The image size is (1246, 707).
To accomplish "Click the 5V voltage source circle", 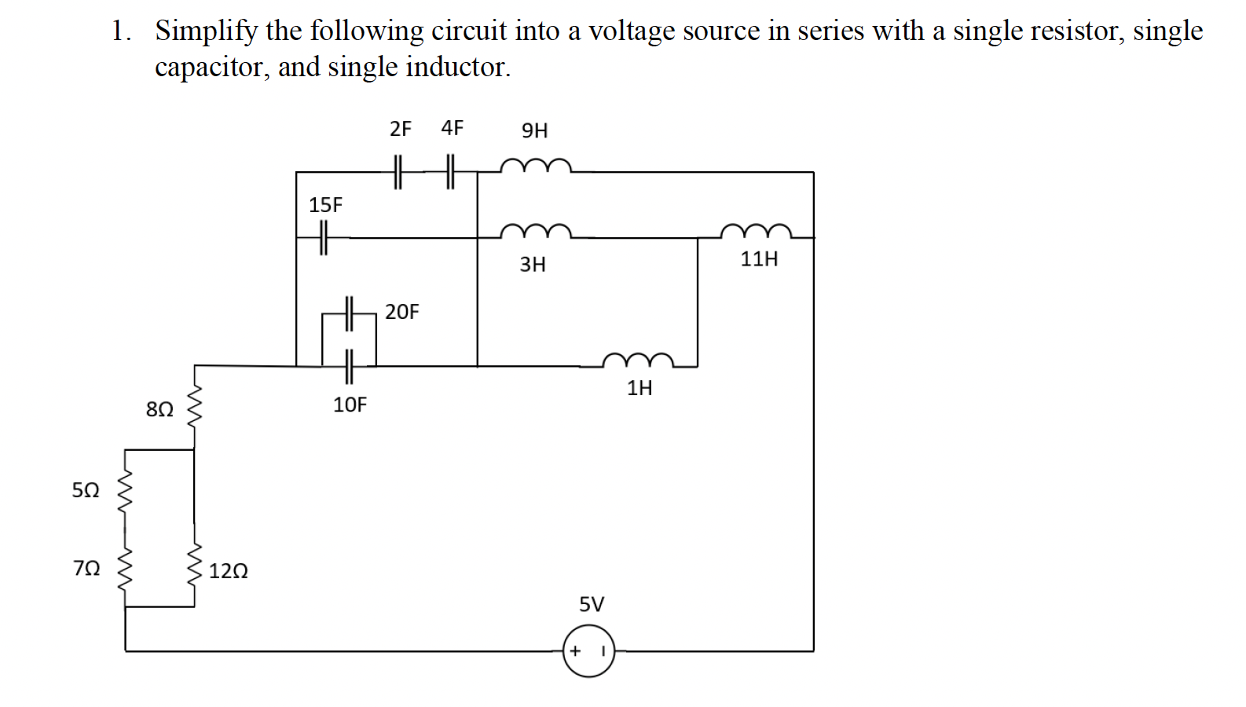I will click(588, 650).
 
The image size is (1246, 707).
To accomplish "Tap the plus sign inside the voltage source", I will click(575, 650).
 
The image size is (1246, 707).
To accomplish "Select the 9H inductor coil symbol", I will click(535, 166).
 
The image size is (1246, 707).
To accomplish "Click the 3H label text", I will click(533, 264).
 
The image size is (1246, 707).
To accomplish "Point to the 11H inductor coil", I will click(756, 231).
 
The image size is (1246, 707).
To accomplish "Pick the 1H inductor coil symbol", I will click(638, 361).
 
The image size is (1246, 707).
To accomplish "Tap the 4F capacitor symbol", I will click(450, 171).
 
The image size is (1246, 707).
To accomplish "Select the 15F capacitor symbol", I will click(323, 237).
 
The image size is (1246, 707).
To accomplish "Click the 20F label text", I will click(401, 312).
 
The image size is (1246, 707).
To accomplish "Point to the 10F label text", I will click(350, 405).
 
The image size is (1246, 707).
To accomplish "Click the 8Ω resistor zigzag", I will click(193, 407).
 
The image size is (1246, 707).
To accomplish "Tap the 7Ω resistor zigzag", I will click(125, 569).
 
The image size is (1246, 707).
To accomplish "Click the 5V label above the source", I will click(592, 604).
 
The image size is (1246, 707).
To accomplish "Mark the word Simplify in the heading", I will click(206, 31).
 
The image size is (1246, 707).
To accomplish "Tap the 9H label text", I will click(534, 130).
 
